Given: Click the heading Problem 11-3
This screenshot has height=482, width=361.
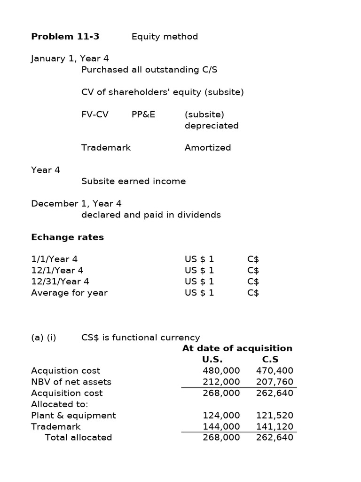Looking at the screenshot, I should pyautogui.click(x=65, y=37).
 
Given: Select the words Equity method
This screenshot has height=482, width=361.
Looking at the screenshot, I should pyautogui.click(x=165, y=37).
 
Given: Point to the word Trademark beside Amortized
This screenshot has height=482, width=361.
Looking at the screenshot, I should pyautogui.click(x=106, y=147).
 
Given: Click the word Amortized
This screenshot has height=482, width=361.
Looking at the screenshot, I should pyautogui.click(x=208, y=147).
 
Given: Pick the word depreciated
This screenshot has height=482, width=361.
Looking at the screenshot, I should pyautogui.click(x=212, y=126).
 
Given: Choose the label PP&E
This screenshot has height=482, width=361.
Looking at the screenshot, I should pyautogui.click(x=143, y=114).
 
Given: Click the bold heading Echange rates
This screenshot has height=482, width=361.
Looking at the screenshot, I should pyautogui.click(x=67, y=237).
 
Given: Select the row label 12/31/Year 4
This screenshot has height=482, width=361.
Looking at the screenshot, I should pyautogui.click(x=60, y=281).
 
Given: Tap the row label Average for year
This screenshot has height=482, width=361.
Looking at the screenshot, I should pyautogui.click(x=69, y=293).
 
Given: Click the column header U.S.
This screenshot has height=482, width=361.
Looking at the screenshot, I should pyautogui.click(x=212, y=360).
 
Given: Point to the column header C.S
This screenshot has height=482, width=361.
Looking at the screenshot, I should pyautogui.click(x=270, y=360).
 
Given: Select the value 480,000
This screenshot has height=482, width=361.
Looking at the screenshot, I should pyautogui.click(x=221, y=371).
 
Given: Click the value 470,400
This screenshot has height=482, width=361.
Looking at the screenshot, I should pyautogui.click(x=275, y=371).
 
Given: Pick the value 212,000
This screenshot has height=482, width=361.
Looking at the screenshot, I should pyautogui.click(x=221, y=382).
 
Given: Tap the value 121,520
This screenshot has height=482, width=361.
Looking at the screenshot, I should pyautogui.click(x=275, y=416).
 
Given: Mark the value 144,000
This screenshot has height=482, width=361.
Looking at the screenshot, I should pyautogui.click(x=221, y=426).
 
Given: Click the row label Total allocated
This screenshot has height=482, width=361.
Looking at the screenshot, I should pyautogui.click(x=78, y=438).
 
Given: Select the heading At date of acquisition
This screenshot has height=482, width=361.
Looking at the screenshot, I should pyautogui.click(x=237, y=348).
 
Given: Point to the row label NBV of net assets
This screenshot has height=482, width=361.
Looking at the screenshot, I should pyautogui.click(x=71, y=382).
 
